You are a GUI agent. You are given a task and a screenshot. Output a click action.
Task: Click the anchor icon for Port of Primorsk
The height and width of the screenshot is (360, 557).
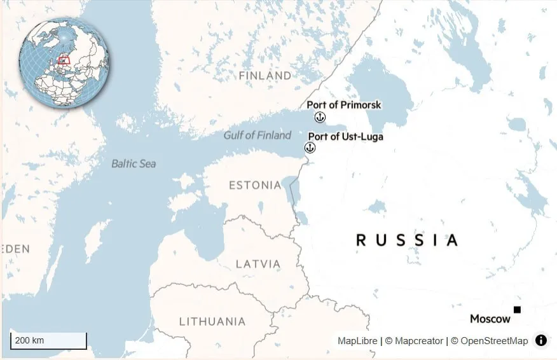(320, 116)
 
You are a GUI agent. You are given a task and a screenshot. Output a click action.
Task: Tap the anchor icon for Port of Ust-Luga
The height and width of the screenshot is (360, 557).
(310, 148)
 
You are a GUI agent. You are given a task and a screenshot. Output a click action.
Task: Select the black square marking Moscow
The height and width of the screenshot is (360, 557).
(517, 310)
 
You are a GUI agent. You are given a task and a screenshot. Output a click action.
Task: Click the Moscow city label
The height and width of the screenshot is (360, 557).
(490, 319)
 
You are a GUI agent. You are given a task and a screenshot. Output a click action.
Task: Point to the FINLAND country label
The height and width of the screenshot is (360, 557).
(265, 76)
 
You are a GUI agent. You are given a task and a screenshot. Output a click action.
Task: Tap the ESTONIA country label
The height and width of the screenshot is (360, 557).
(254, 185)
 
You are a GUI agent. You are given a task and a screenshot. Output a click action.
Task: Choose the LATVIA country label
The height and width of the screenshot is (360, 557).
(258, 263)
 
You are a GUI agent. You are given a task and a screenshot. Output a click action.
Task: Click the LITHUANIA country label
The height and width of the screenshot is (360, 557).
(212, 321)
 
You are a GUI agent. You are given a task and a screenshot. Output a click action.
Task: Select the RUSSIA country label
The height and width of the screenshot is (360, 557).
(406, 240)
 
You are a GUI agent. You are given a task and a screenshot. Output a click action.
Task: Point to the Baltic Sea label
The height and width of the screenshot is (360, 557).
(134, 163)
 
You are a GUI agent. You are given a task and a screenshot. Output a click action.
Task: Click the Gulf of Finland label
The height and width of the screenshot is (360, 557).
(257, 135)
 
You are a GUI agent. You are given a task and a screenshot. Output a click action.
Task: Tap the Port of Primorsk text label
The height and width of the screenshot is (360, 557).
(344, 105)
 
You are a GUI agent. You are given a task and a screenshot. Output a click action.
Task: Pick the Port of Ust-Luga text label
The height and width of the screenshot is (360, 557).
(345, 136)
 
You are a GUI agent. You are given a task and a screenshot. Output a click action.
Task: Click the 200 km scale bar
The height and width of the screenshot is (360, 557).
(48, 341)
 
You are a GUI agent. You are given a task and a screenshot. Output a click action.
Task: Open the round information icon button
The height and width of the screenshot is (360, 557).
(541, 340)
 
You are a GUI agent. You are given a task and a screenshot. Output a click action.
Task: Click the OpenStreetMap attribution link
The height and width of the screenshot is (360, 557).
(493, 341)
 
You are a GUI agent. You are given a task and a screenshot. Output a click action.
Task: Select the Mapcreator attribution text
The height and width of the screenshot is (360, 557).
(418, 341)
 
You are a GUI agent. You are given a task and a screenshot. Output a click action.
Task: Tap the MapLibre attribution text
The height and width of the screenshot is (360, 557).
(357, 341)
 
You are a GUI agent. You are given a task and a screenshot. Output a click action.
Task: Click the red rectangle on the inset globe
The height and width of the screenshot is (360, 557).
(64, 60)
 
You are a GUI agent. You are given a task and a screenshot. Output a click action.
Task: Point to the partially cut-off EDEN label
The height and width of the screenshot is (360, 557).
(15, 249)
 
